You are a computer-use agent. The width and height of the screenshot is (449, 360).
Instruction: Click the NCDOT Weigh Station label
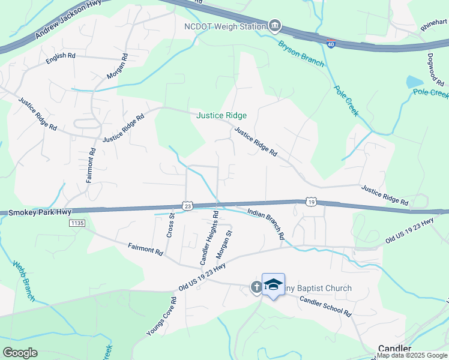(x=224, y=26)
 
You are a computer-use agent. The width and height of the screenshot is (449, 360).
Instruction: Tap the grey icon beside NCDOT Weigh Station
(x=274, y=25)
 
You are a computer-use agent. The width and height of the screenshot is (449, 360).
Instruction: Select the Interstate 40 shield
(x=331, y=44)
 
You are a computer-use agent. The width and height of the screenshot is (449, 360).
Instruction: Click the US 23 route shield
(x=188, y=205)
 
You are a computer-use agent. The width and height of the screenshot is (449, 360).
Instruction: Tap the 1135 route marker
(x=77, y=223)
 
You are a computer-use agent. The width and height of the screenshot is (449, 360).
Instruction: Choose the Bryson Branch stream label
(x=301, y=53)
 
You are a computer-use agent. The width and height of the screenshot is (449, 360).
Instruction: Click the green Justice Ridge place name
(x=221, y=116)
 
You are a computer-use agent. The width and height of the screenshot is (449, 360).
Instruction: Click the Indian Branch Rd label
(x=265, y=223)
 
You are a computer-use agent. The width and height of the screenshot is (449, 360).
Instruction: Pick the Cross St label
(x=170, y=225)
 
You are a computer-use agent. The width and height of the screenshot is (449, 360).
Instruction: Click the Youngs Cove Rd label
(x=161, y=317)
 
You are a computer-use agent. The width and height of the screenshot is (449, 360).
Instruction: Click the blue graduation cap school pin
(x=273, y=285)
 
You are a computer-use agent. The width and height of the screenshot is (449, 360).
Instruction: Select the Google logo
(x=20, y=353)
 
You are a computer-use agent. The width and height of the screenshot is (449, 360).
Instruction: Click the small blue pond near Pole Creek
(x=414, y=82)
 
